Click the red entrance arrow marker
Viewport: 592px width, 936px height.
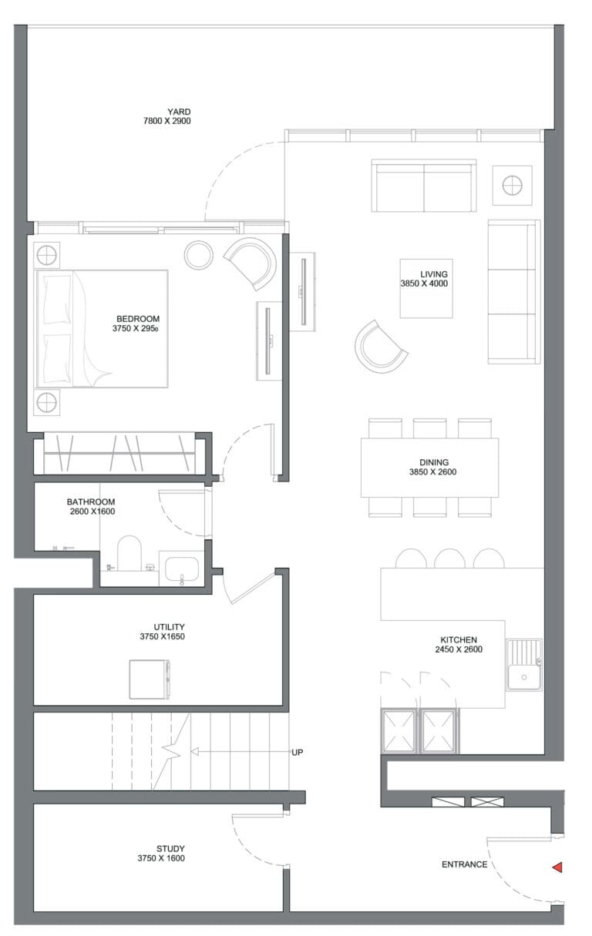click(557, 867)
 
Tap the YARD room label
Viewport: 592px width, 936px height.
click(179, 112)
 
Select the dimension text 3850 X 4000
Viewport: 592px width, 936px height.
click(424, 283)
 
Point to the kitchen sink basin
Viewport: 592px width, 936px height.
click(524, 677)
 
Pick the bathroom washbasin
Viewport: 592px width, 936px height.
click(181, 569)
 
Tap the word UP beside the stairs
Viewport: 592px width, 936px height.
click(298, 752)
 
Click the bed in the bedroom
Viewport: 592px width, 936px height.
click(102, 328)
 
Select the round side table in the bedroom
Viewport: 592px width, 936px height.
click(199, 255)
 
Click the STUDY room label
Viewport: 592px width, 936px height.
click(170, 849)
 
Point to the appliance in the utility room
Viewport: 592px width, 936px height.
click(150, 679)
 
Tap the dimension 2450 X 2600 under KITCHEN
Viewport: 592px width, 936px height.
click(459, 649)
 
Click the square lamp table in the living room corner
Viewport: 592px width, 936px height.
click(512, 185)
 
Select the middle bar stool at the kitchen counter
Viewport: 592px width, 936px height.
click(449, 559)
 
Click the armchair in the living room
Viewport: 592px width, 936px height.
click(378, 347)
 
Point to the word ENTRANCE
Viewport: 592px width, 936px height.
click(465, 864)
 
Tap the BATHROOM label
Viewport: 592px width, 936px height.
click(91, 502)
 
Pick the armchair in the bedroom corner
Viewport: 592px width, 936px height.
click(252, 263)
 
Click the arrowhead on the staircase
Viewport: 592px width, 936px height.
click(194, 752)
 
